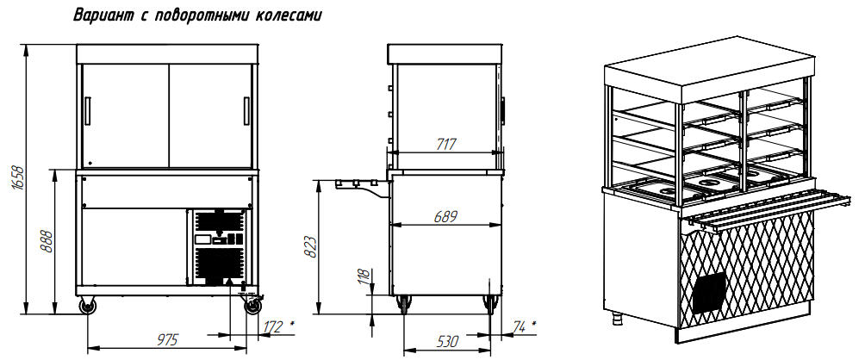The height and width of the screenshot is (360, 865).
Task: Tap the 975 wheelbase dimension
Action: point(167,340)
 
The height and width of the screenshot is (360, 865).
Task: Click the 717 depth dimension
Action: point(445,145)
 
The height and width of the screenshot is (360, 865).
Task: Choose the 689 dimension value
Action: point(445,217)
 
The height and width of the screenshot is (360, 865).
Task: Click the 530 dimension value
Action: point(447,342)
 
